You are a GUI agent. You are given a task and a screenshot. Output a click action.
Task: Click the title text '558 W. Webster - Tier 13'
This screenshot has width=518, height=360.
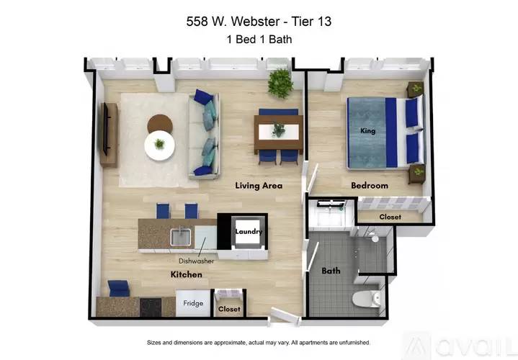click(259, 22)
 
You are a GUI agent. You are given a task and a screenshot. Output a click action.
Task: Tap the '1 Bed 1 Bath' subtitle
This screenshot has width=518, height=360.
click(259, 40)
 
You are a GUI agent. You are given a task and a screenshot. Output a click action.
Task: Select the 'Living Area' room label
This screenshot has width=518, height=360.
click(259, 186)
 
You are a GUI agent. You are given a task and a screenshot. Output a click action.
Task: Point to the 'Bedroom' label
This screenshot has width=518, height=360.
click(370, 186)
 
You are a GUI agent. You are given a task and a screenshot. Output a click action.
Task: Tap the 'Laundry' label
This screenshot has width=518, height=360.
click(249, 231)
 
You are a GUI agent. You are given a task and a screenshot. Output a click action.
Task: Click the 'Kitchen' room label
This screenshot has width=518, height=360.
click(186, 274)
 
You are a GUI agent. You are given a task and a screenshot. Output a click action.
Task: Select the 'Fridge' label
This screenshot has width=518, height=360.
click(193, 303)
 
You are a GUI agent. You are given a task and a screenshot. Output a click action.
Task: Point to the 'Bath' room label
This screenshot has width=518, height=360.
click(331, 271)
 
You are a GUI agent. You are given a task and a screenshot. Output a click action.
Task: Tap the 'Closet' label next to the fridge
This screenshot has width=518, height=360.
click(231, 309)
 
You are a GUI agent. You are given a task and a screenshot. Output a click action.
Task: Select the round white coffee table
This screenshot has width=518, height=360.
click(159, 146)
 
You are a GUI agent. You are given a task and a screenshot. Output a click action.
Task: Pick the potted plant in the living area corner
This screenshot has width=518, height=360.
click(280, 84)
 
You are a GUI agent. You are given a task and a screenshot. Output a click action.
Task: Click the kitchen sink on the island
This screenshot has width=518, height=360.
click(181, 235)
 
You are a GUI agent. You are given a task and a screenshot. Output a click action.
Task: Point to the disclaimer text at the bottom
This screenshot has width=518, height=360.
click(259, 342)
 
